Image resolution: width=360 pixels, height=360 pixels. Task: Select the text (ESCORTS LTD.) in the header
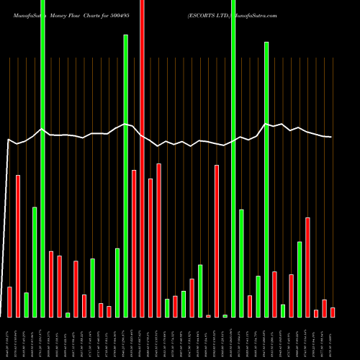coord(209,14)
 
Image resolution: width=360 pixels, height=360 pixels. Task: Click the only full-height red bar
coord(142,158)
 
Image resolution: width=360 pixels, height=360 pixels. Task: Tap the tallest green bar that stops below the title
coord(125,176)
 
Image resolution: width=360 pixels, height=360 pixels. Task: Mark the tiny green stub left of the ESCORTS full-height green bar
coord(225,316)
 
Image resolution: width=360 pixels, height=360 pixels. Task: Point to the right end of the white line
coord(331,137)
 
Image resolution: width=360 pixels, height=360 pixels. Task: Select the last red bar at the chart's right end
coord(333,312)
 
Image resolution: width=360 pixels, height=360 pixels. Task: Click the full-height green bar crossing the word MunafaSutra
coord(42,158)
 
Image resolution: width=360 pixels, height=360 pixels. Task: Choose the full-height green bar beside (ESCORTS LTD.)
coord(233,158)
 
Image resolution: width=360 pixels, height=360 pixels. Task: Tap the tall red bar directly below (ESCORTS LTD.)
coord(217,241)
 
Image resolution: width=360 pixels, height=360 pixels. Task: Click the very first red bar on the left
coord(9,302)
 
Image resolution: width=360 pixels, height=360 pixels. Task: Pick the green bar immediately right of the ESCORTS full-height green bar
coord(241,264)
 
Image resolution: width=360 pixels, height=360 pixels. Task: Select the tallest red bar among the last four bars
coord(307,267)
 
